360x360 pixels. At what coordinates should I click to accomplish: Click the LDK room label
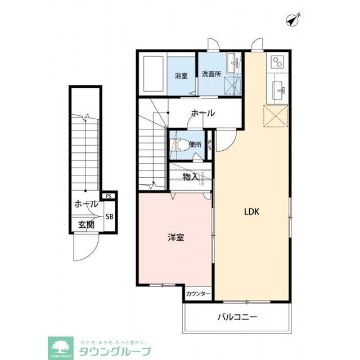251,212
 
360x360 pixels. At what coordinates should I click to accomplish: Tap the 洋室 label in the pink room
175,237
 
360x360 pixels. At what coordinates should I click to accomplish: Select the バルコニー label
237,317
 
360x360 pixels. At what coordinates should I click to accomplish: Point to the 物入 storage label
191,177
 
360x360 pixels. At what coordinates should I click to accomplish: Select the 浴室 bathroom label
181,75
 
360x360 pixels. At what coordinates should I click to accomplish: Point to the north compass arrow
291,20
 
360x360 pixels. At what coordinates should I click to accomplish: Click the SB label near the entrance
110,216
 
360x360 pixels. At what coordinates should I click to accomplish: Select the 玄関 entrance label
86,225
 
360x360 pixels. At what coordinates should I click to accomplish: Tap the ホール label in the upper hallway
202,113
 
